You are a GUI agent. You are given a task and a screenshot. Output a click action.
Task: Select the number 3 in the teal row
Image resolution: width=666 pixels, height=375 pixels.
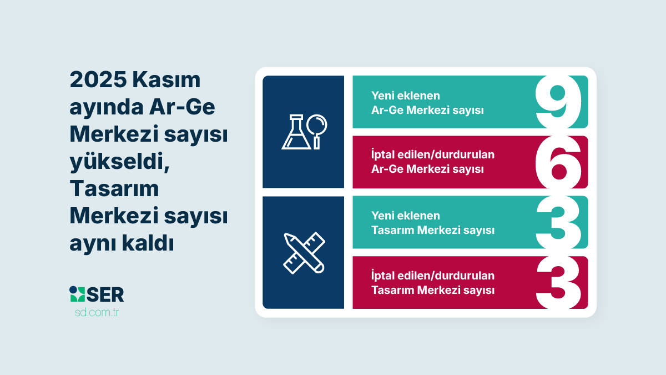click(558, 222)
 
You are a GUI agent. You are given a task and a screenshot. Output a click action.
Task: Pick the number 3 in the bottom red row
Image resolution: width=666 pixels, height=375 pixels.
click(558, 282)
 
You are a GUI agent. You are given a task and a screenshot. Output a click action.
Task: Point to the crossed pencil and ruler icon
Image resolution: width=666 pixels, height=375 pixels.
click(304, 253)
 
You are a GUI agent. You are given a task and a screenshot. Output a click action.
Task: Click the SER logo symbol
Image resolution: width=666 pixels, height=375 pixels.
click(77, 294)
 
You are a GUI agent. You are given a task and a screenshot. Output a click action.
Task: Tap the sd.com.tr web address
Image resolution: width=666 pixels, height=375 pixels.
click(97, 312)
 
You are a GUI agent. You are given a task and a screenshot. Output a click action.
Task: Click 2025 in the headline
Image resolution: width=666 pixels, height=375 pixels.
click(98, 80)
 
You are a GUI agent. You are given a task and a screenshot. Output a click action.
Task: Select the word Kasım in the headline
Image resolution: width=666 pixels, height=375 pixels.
click(167, 80)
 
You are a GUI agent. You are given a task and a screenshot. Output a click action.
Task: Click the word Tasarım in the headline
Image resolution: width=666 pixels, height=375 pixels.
click(114, 188)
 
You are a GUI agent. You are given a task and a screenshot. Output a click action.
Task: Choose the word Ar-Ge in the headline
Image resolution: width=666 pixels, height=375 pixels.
click(182, 107)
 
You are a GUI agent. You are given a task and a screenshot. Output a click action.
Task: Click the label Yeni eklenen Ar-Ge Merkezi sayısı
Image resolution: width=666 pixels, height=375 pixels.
click(427, 103)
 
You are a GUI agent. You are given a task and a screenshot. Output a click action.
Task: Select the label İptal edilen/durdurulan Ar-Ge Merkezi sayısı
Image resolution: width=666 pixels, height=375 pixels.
click(432, 162)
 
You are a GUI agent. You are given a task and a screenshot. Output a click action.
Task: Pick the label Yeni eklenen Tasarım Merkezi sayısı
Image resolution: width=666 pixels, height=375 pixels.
click(432, 223)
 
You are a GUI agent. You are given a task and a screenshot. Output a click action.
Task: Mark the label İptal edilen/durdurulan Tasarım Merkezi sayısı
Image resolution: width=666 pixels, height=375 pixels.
click(432, 283)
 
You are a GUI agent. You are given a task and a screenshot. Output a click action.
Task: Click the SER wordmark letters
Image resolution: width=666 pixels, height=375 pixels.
click(105, 294)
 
